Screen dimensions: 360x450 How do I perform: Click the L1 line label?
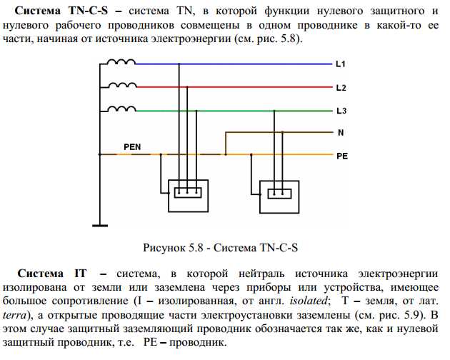coord(340,65)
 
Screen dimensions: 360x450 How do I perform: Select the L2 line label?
coord(340,88)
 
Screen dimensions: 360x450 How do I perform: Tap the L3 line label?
coord(340,111)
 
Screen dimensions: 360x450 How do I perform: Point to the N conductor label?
coord(340,132)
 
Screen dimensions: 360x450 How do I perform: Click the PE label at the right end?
coord(341,154)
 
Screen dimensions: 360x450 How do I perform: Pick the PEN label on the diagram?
coord(132,147)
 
